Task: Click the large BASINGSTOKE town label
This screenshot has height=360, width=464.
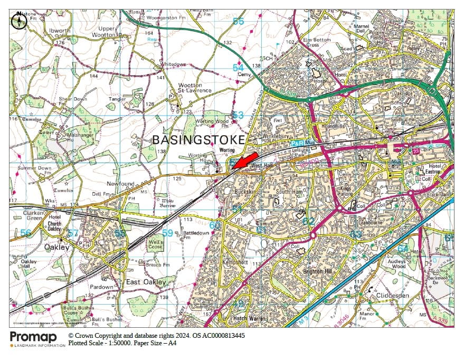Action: [x=198, y=140]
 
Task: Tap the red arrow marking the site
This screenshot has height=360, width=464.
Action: [x=244, y=162]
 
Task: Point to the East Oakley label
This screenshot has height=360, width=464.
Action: [x=146, y=282]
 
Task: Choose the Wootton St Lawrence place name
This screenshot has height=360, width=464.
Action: [x=195, y=88]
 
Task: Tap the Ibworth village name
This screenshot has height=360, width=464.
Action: [x=59, y=31]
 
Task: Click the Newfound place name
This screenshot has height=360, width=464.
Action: [x=121, y=184]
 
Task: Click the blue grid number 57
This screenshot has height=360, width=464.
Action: [x=73, y=233]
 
